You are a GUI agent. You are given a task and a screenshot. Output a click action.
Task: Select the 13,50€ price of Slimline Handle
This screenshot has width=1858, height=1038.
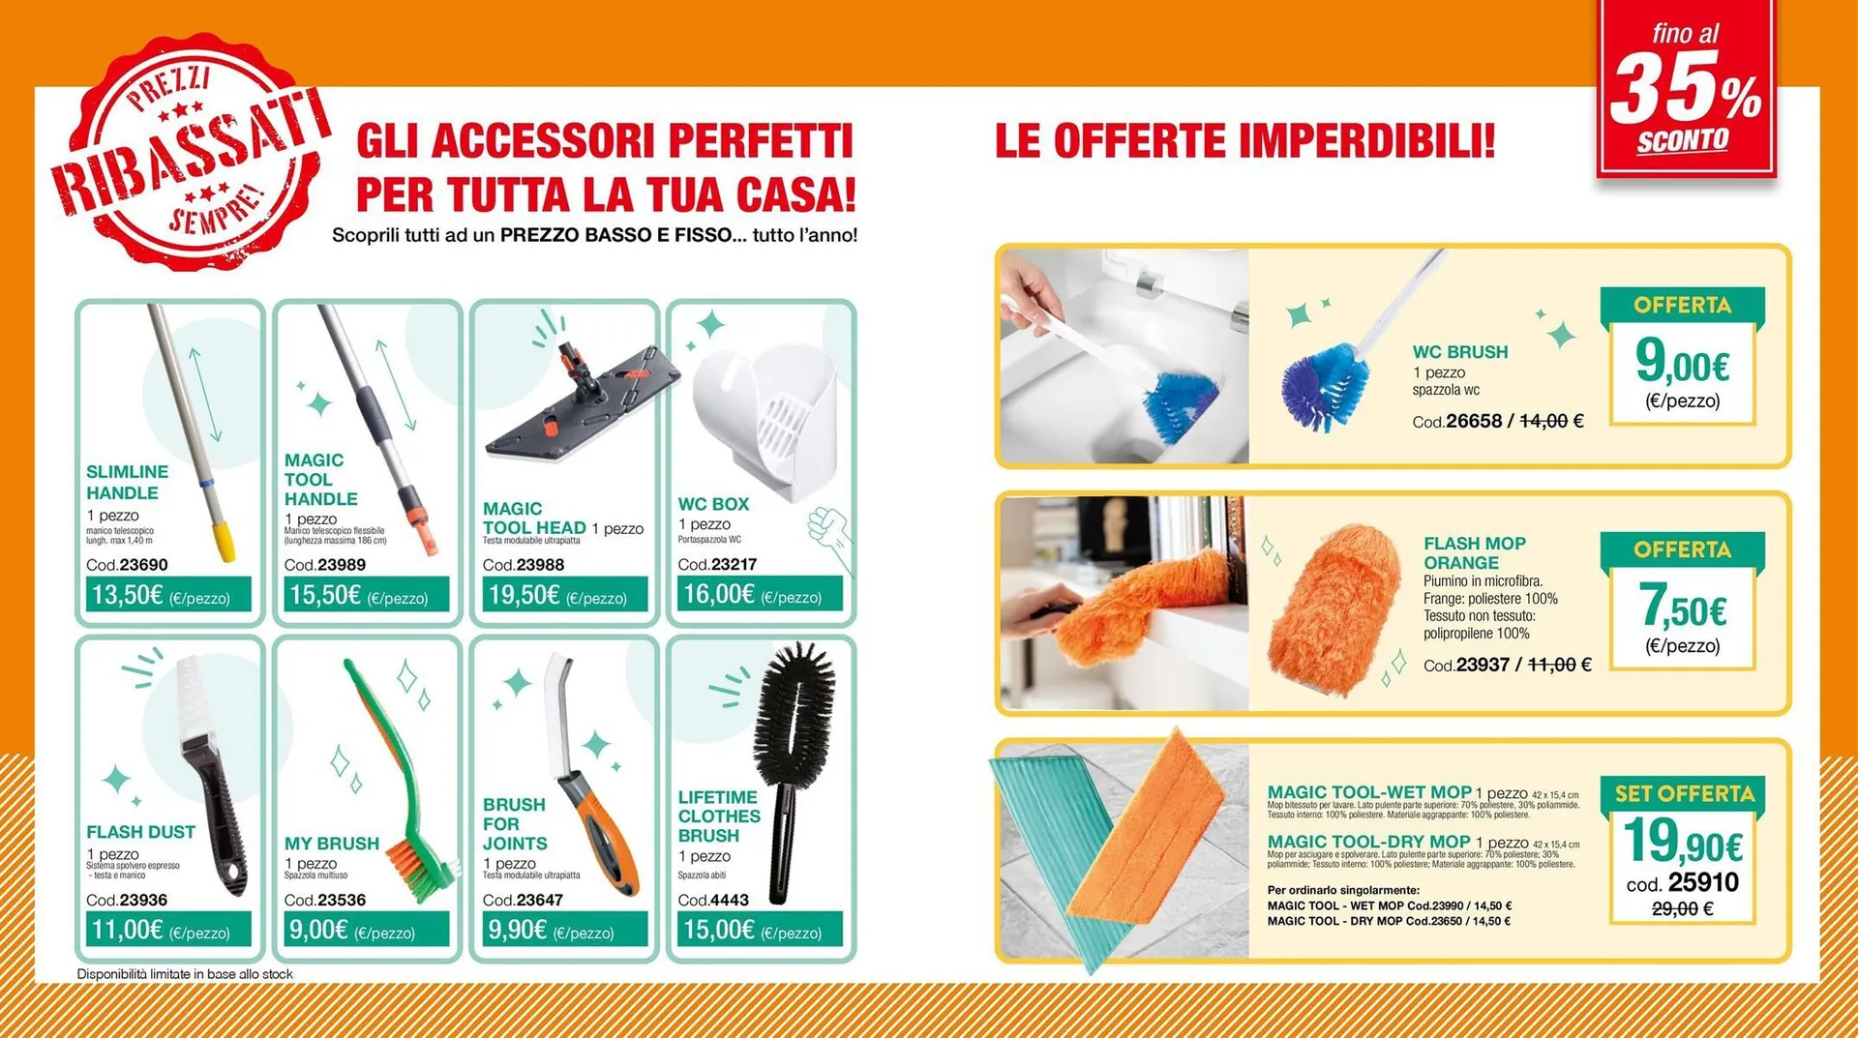pyautogui.click(x=128, y=595)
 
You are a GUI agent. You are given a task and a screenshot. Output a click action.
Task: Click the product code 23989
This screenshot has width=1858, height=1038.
pyautogui.click(x=341, y=565)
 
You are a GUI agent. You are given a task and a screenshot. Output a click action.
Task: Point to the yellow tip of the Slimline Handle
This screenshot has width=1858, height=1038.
pyautogui.click(x=224, y=541)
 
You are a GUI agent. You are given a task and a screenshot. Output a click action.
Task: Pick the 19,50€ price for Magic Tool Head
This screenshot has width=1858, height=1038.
pyautogui.click(x=524, y=595)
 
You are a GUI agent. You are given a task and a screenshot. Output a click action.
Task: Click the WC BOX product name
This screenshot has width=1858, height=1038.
pyautogui.click(x=713, y=504)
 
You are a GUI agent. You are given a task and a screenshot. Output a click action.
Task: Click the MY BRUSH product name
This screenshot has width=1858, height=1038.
pyautogui.click(x=332, y=844)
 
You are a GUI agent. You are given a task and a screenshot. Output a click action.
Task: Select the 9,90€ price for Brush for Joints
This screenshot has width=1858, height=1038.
pyautogui.click(x=518, y=931)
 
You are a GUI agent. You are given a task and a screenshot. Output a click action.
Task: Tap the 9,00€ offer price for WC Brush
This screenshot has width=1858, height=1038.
pyautogui.click(x=1682, y=363)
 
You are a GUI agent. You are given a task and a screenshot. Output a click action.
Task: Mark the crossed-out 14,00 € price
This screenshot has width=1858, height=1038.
pyautogui.click(x=1551, y=421)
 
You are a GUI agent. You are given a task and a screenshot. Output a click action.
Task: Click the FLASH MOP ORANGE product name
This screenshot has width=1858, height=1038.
pyautogui.click(x=1474, y=552)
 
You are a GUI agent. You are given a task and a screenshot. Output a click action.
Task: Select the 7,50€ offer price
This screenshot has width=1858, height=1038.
pyautogui.click(x=1682, y=608)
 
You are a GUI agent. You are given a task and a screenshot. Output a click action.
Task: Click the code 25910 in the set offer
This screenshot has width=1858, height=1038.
pyautogui.click(x=1703, y=882)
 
